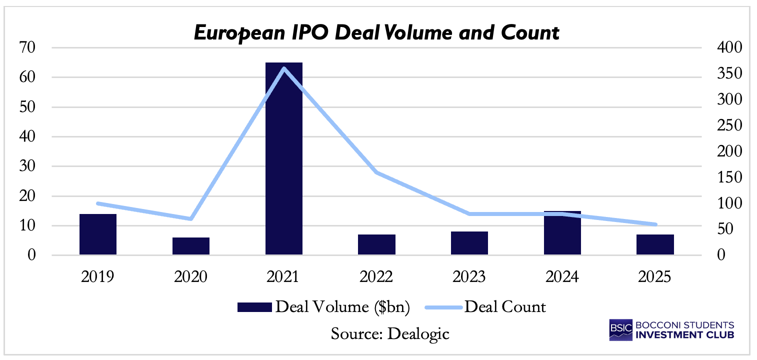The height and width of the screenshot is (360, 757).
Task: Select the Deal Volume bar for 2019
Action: click(x=98, y=234)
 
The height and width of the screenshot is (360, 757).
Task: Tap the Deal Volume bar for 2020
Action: click(x=191, y=246)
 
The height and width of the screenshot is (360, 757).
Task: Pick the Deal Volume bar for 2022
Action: click(x=376, y=245)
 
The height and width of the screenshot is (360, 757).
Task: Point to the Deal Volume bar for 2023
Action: click(x=469, y=243)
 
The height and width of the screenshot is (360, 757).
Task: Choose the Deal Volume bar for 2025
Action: click(x=655, y=245)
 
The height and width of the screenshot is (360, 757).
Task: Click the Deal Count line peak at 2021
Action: click(x=284, y=68)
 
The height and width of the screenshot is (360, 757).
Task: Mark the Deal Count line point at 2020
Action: click(x=191, y=219)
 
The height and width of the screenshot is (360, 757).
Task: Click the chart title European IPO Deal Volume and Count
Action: click(x=376, y=33)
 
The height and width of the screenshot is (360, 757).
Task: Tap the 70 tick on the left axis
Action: click(x=27, y=48)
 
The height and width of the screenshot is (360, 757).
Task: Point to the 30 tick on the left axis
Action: click(x=27, y=166)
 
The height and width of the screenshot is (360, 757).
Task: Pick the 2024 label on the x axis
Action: click(x=562, y=276)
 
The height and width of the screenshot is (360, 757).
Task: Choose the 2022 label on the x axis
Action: click(x=376, y=276)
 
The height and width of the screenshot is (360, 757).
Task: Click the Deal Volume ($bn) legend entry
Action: click(x=324, y=307)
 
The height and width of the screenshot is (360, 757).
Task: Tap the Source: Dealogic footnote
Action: click(x=390, y=333)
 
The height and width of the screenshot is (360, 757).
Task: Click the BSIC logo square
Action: click(x=620, y=330)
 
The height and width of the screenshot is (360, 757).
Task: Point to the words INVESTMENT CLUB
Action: click(x=684, y=335)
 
